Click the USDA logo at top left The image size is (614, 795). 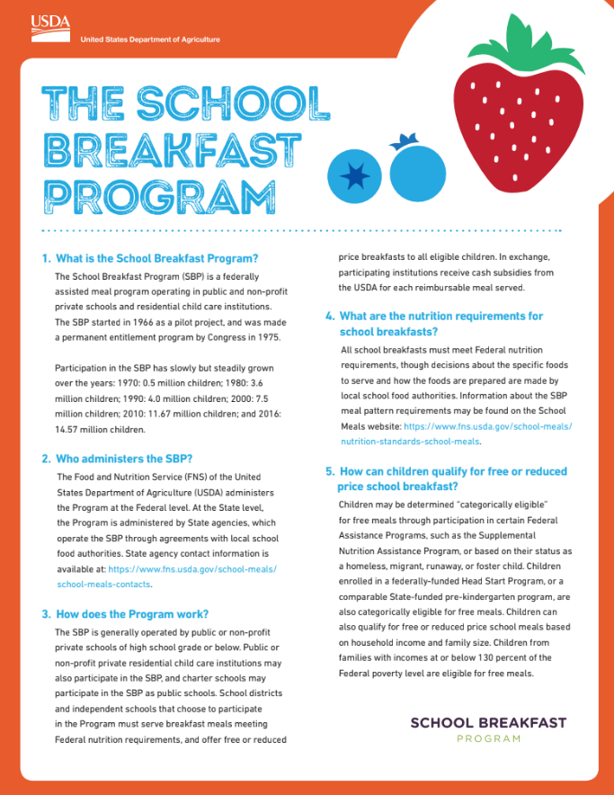click(50, 24)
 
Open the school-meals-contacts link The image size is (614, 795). click(103, 585)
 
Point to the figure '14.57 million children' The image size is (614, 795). click(100, 430)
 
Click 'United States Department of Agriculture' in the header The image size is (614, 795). click(150, 40)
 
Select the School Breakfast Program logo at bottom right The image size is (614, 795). click(488, 729)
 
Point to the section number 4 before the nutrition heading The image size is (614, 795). click(329, 317)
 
